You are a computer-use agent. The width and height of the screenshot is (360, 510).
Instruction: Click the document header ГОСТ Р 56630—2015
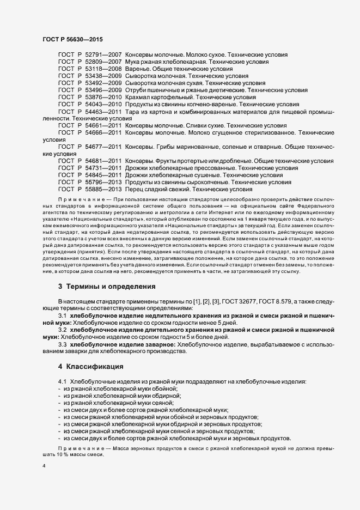click(72, 39)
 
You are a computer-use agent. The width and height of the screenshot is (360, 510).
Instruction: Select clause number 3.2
click(62, 330)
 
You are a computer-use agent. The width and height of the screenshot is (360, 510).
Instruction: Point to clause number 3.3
click(62, 344)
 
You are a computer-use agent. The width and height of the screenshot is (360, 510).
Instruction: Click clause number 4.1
click(62, 381)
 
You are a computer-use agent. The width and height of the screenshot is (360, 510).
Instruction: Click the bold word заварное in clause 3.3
click(158, 344)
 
